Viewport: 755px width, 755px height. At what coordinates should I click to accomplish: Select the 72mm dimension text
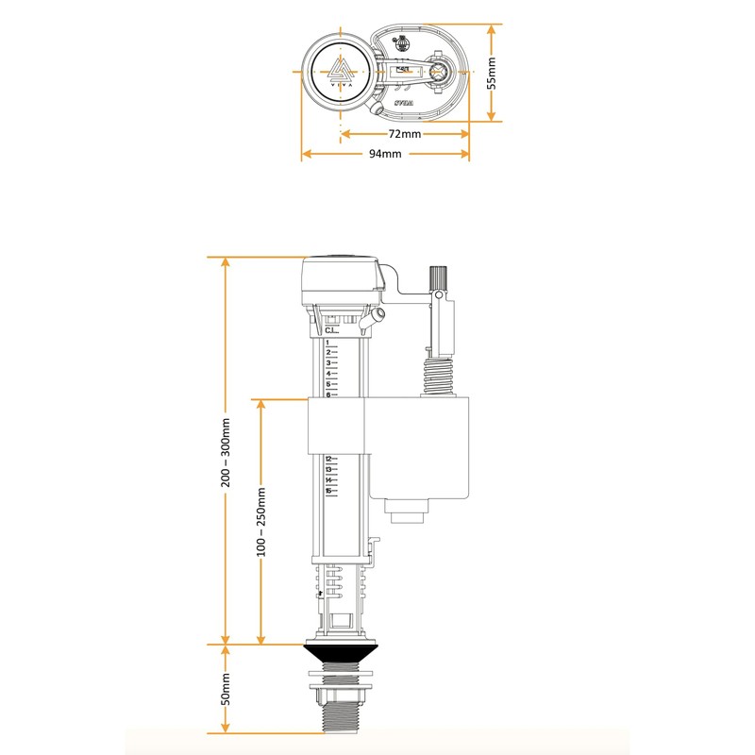(x=405, y=134)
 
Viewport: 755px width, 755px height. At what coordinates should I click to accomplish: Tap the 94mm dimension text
(x=385, y=154)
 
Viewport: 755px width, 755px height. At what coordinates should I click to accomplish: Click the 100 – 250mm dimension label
(x=262, y=521)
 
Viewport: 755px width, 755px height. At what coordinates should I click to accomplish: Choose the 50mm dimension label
(x=226, y=690)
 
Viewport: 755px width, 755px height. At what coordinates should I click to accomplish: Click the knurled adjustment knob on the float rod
(x=437, y=278)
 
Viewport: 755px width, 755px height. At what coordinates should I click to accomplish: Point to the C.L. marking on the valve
(x=331, y=331)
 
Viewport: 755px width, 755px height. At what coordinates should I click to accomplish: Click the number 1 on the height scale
(x=327, y=343)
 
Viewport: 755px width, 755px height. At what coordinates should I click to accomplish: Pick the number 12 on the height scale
(x=328, y=460)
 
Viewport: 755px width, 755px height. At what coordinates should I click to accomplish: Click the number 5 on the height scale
(x=327, y=384)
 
